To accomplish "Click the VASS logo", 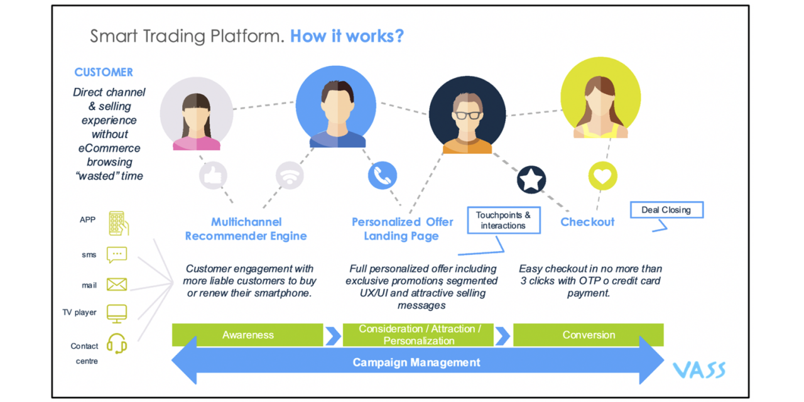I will [x=699, y=369].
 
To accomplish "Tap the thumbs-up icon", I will [x=213, y=177].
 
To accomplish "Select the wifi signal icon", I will [x=290, y=177].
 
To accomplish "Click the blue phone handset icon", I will [x=383, y=176].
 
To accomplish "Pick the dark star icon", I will [x=531, y=180].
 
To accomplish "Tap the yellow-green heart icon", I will [x=602, y=176].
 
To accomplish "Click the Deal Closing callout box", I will [x=666, y=210].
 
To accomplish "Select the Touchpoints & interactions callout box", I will [x=503, y=220].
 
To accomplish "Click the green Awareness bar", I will [x=247, y=335].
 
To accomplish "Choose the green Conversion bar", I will [x=589, y=335].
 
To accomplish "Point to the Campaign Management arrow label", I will [x=416, y=362].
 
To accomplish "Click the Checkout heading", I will [x=587, y=222].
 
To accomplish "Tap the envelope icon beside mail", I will [x=117, y=285].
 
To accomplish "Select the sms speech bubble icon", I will [x=117, y=254].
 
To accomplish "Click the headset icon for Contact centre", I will [x=117, y=344].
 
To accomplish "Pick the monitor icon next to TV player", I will [x=117, y=313].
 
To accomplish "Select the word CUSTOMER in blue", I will [x=104, y=72].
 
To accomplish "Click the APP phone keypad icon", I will [x=118, y=223].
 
